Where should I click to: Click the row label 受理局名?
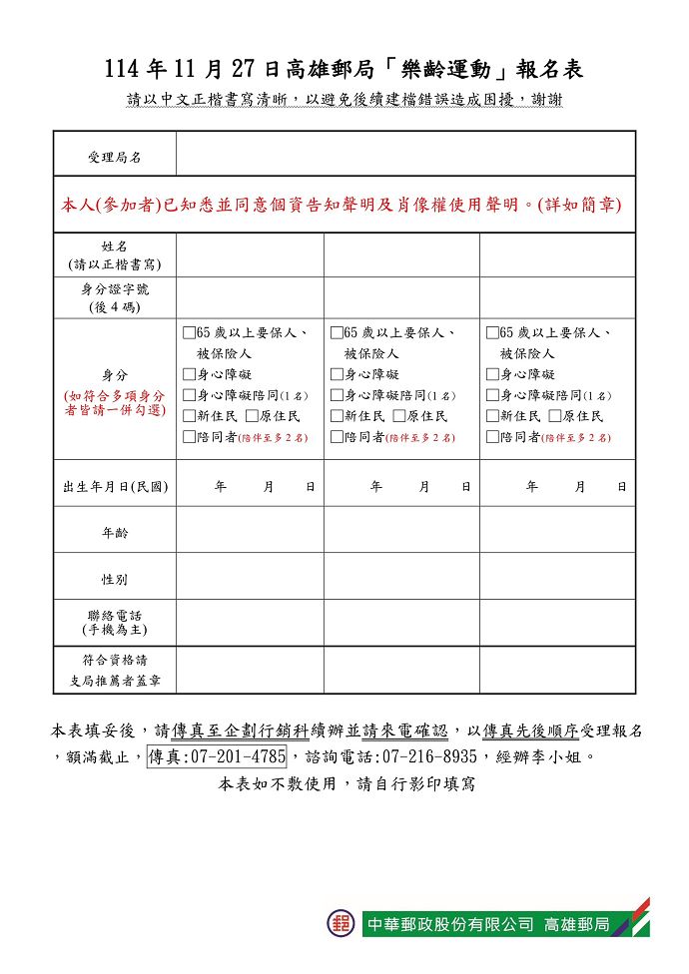(115, 158)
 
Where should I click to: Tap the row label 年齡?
(115, 533)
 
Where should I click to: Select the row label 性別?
(115, 579)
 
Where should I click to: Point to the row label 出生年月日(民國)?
(115, 487)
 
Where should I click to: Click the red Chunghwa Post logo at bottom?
(342, 923)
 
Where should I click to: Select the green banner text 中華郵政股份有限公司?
(451, 924)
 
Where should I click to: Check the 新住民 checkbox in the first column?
(190, 416)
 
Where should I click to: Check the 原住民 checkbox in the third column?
(554, 416)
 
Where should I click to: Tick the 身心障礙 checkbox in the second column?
(337, 374)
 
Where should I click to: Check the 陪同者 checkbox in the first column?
(190, 437)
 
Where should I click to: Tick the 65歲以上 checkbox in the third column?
(492, 332)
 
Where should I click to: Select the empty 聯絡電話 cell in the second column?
(401, 623)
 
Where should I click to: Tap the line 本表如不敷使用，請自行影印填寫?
(346, 784)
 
